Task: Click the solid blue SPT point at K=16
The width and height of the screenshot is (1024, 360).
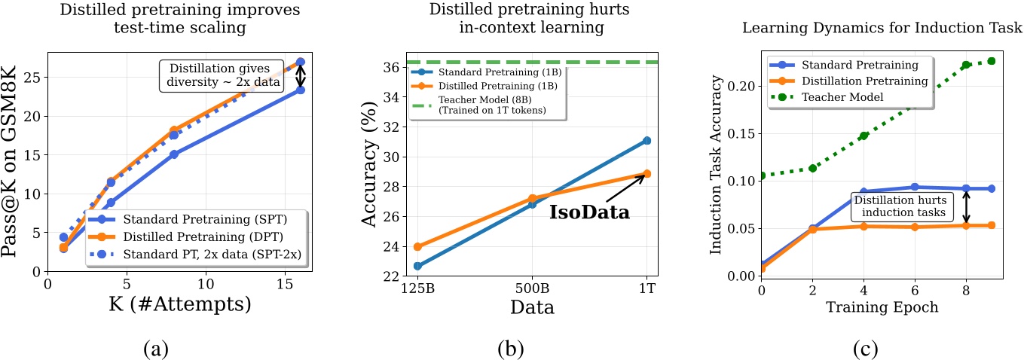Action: pos(300,90)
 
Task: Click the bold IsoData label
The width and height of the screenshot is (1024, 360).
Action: pos(588,212)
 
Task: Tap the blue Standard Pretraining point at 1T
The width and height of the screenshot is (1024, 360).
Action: pos(646,141)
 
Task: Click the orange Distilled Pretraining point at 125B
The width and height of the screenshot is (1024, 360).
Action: pos(417,246)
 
